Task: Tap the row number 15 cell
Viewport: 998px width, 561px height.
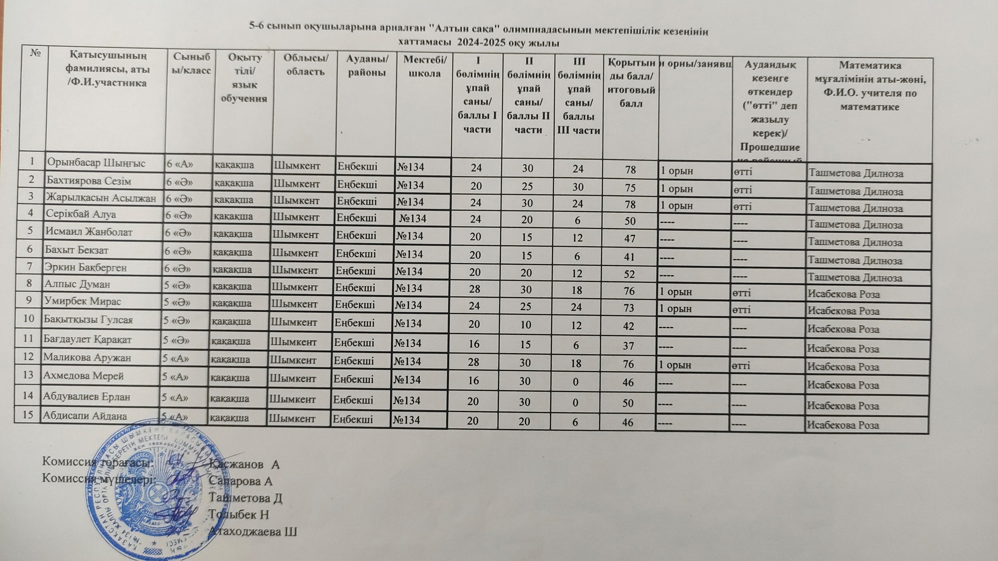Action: pyautogui.click(x=28, y=415)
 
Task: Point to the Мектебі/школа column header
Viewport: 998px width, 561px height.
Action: pyautogui.click(x=425, y=67)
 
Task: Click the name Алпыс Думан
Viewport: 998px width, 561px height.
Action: pyautogui.click(x=77, y=284)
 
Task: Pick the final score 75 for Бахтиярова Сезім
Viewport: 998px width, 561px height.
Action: pyautogui.click(x=630, y=187)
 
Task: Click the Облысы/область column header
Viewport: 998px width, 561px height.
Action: pyautogui.click(x=306, y=65)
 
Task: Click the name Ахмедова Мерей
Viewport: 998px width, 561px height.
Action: pyautogui.click(x=83, y=376)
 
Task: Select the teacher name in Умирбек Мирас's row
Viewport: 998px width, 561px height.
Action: pyautogui.click(x=843, y=311)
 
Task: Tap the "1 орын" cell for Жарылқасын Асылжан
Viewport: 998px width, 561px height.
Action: pyautogui.click(x=677, y=206)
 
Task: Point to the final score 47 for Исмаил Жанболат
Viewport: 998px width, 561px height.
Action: pyautogui.click(x=629, y=238)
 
